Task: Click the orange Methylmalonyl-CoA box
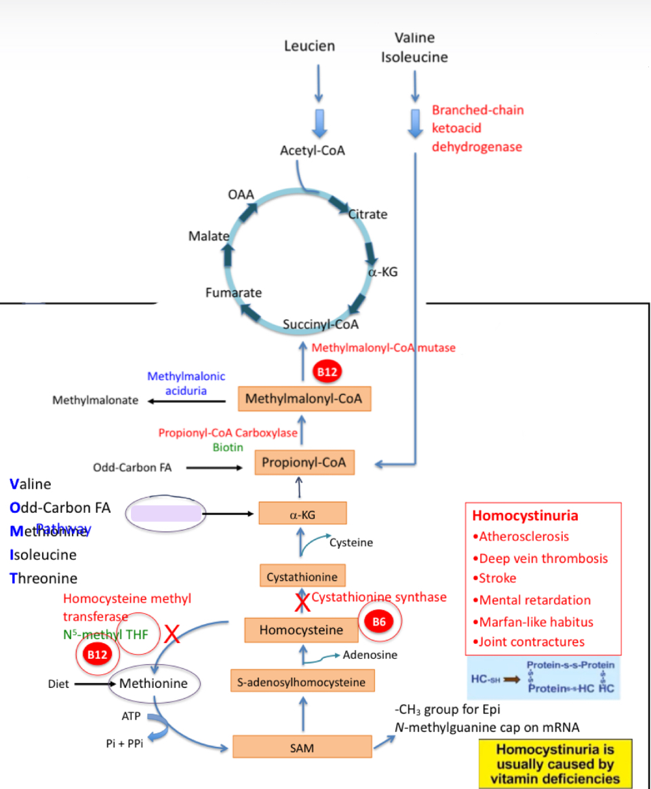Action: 304,398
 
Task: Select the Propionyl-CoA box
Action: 304,463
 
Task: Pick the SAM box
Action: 302,746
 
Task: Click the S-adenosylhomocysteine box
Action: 302,682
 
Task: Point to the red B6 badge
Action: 379,622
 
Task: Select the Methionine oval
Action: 153,683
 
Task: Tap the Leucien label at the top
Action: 309,46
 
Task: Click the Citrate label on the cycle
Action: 368,214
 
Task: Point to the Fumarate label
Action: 233,293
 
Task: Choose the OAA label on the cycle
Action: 241,195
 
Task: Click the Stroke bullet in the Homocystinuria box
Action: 497,578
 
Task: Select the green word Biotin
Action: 228,447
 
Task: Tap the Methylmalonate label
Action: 96,400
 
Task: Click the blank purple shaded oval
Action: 166,514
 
